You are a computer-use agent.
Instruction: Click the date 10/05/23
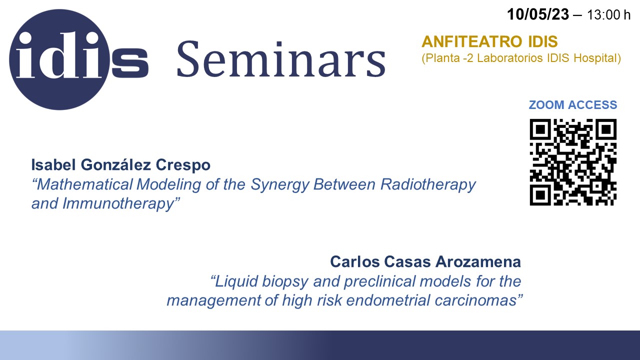point(538,14)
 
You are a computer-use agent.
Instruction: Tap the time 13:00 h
point(608,15)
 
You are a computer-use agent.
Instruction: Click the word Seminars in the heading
point(281,59)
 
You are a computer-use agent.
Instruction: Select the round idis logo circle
point(59,59)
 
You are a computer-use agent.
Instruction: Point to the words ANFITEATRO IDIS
point(489,41)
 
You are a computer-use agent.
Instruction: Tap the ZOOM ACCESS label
point(573,105)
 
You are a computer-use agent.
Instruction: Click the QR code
point(573,162)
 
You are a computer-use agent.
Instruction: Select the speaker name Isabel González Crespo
point(121,165)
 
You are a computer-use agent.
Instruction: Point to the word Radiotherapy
point(428,185)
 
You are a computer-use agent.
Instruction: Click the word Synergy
point(279,185)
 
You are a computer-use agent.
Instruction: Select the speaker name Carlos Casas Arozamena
point(425,261)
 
